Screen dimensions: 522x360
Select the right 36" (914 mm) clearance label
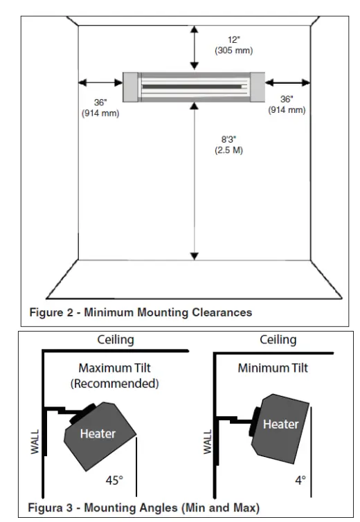pos(287,105)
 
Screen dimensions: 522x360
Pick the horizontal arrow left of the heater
pos(100,86)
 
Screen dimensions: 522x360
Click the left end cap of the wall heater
pos(130,87)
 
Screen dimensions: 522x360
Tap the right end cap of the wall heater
pos(258,87)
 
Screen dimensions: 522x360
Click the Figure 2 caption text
pos(140,312)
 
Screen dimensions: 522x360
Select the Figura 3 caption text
pos(143,508)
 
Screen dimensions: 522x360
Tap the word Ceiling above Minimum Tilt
pos(278,340)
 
